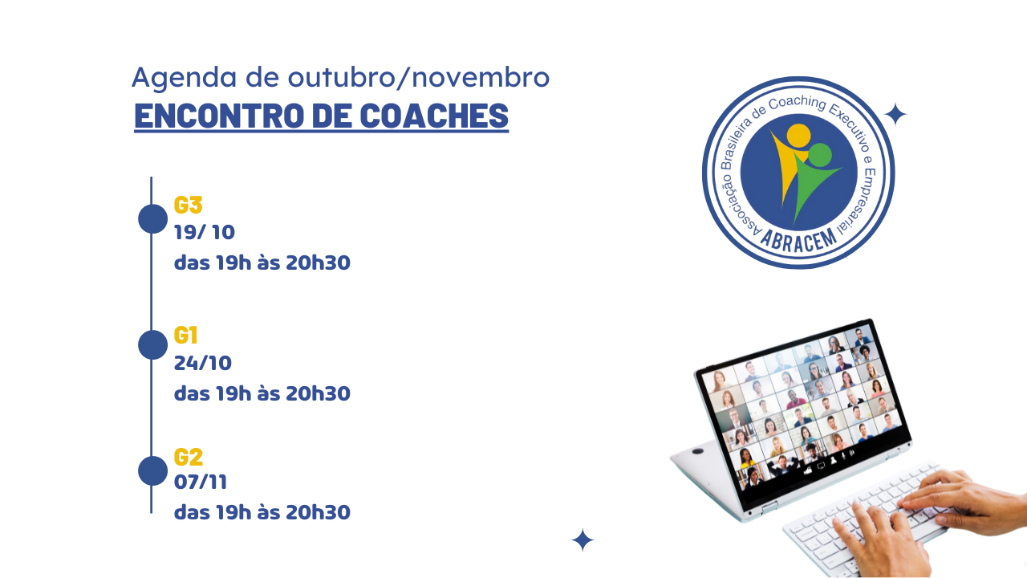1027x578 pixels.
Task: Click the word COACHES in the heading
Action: point(434,116)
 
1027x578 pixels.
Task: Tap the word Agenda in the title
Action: point(185,78)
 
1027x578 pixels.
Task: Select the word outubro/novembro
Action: point(419,77)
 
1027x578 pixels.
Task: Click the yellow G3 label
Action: point(188,205)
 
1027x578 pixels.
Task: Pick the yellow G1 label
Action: point(185,336)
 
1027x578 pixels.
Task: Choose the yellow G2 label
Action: point(188,457)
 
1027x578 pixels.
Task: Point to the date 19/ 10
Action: point(205,233)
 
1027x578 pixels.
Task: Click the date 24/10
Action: point(203,364)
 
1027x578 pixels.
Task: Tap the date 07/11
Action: point(201,482)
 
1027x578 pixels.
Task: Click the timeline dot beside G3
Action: point(152,219)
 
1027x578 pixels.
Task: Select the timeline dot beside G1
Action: point(152,344)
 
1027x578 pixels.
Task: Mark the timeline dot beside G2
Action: point(152,470)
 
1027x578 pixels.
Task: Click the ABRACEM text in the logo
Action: point(799,240)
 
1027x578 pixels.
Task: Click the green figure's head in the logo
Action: point(819,156)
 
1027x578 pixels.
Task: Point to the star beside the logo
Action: point(895,114)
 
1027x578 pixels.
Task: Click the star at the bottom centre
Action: point(583,540)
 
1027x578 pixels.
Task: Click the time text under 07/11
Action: point(262,512)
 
